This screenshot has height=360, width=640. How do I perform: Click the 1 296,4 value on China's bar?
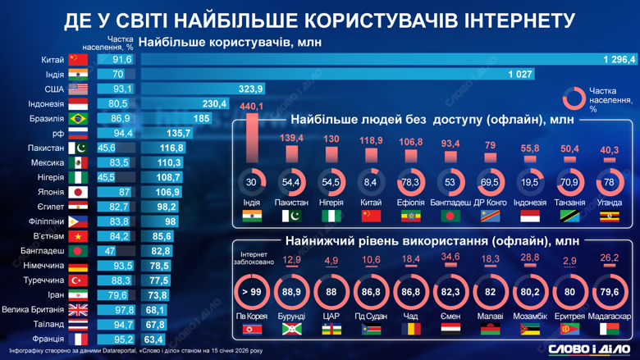click(x=619, y=59)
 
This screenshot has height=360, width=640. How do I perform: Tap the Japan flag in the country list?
click(x=78, y=192)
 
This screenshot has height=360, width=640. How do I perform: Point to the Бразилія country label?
click(x=46, y=119)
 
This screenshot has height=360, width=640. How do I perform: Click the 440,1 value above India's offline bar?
click(x=251, y=107)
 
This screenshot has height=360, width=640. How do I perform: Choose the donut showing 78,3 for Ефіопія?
click(x=410, y=182)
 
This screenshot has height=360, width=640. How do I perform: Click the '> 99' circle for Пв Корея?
click(x=251, y=291)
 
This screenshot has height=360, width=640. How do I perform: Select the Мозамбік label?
click(x=529, y=317)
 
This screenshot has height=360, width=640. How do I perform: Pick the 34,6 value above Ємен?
click(x=450, y=257)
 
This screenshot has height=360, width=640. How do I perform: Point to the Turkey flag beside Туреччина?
click(x=78, y=280)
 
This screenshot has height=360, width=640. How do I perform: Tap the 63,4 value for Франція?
click(x=153, y=339)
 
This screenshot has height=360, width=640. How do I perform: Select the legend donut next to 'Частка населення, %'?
click(x=574, y=98)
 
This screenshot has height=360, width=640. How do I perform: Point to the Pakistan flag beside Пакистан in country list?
click(x=78, y=148)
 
